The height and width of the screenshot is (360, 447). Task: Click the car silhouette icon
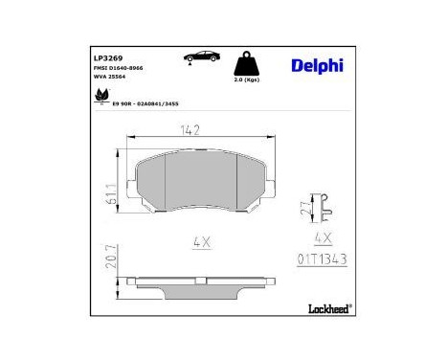pos(195,58)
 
